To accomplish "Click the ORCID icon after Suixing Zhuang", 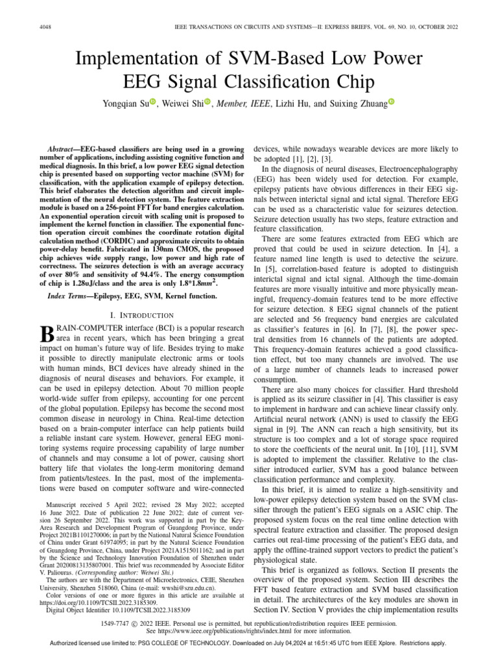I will click(x=392, y=102).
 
